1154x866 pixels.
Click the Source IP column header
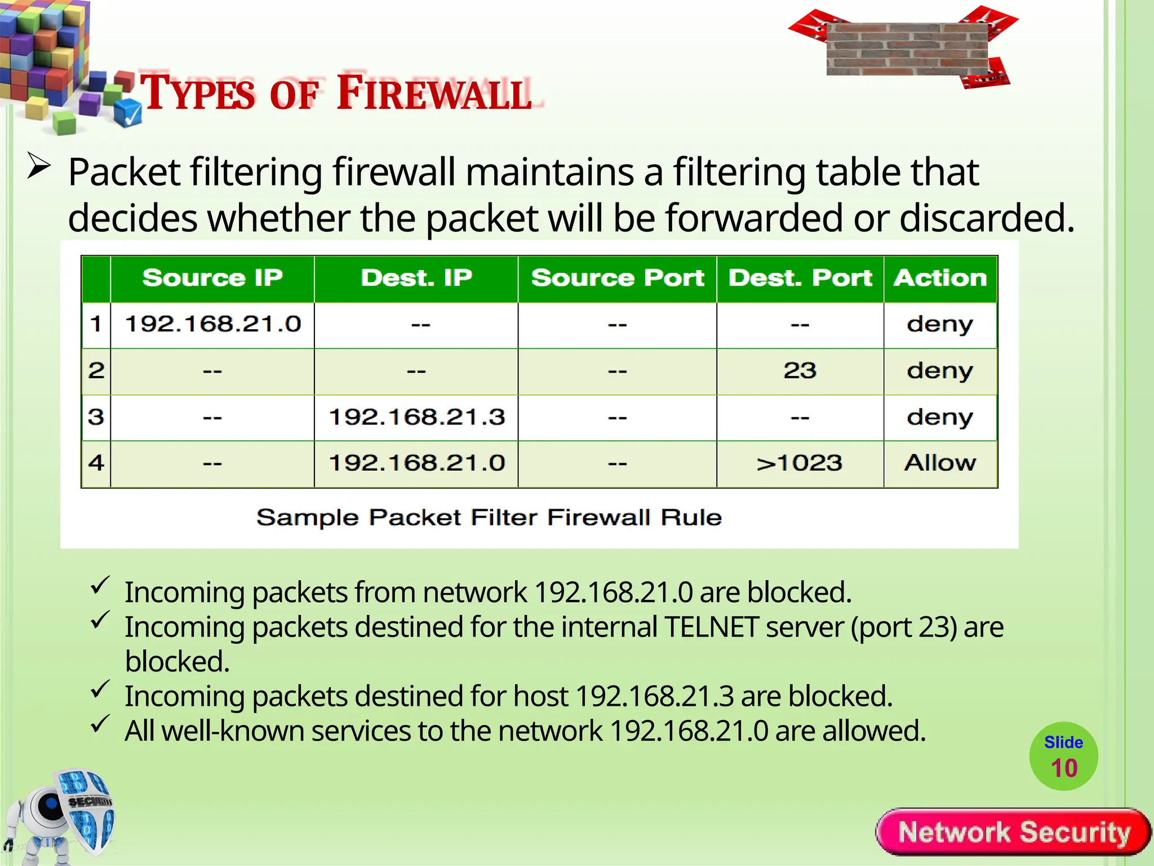click(x=212, y=278)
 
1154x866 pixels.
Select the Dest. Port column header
click(x=800, y=278)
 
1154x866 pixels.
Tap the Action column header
click(x=940, y=278)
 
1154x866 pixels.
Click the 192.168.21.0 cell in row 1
click(x=212, y=324)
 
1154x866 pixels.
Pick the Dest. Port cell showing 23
click(x=800, y=370)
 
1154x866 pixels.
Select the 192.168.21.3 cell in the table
click(x=416, y=417)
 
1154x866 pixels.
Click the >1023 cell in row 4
click(x=800, y=463)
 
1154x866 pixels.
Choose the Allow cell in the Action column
click(x=940, y=463)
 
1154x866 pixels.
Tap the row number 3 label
click(x=96, y=417)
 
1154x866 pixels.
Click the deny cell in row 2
click(x=940, y=370)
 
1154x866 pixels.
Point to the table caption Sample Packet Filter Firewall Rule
click(x=489, y=518)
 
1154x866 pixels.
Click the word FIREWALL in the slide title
click(x=434, y=93)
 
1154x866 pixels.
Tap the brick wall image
click(x=907, y=50)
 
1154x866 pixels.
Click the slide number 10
click(x=1064, y=768)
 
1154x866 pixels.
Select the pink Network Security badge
click(x=1013, y=832)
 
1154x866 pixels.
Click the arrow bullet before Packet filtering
click(x=39, y=167)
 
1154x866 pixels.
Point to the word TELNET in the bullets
click(x=711, y=627)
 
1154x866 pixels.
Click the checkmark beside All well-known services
click(x=100, y=724)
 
